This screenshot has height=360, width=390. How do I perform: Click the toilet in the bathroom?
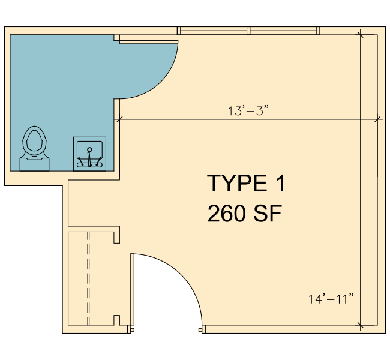click(34, 149)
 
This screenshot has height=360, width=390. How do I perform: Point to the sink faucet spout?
click(89, 157)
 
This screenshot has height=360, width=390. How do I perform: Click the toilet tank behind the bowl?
click(34, 164)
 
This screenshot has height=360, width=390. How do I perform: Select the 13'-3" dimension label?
click(248, 111)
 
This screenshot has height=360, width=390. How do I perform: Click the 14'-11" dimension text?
click(331, 299)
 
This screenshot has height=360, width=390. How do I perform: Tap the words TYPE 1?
click(246, 184)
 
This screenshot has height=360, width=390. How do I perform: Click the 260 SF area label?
click(244, 213)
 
